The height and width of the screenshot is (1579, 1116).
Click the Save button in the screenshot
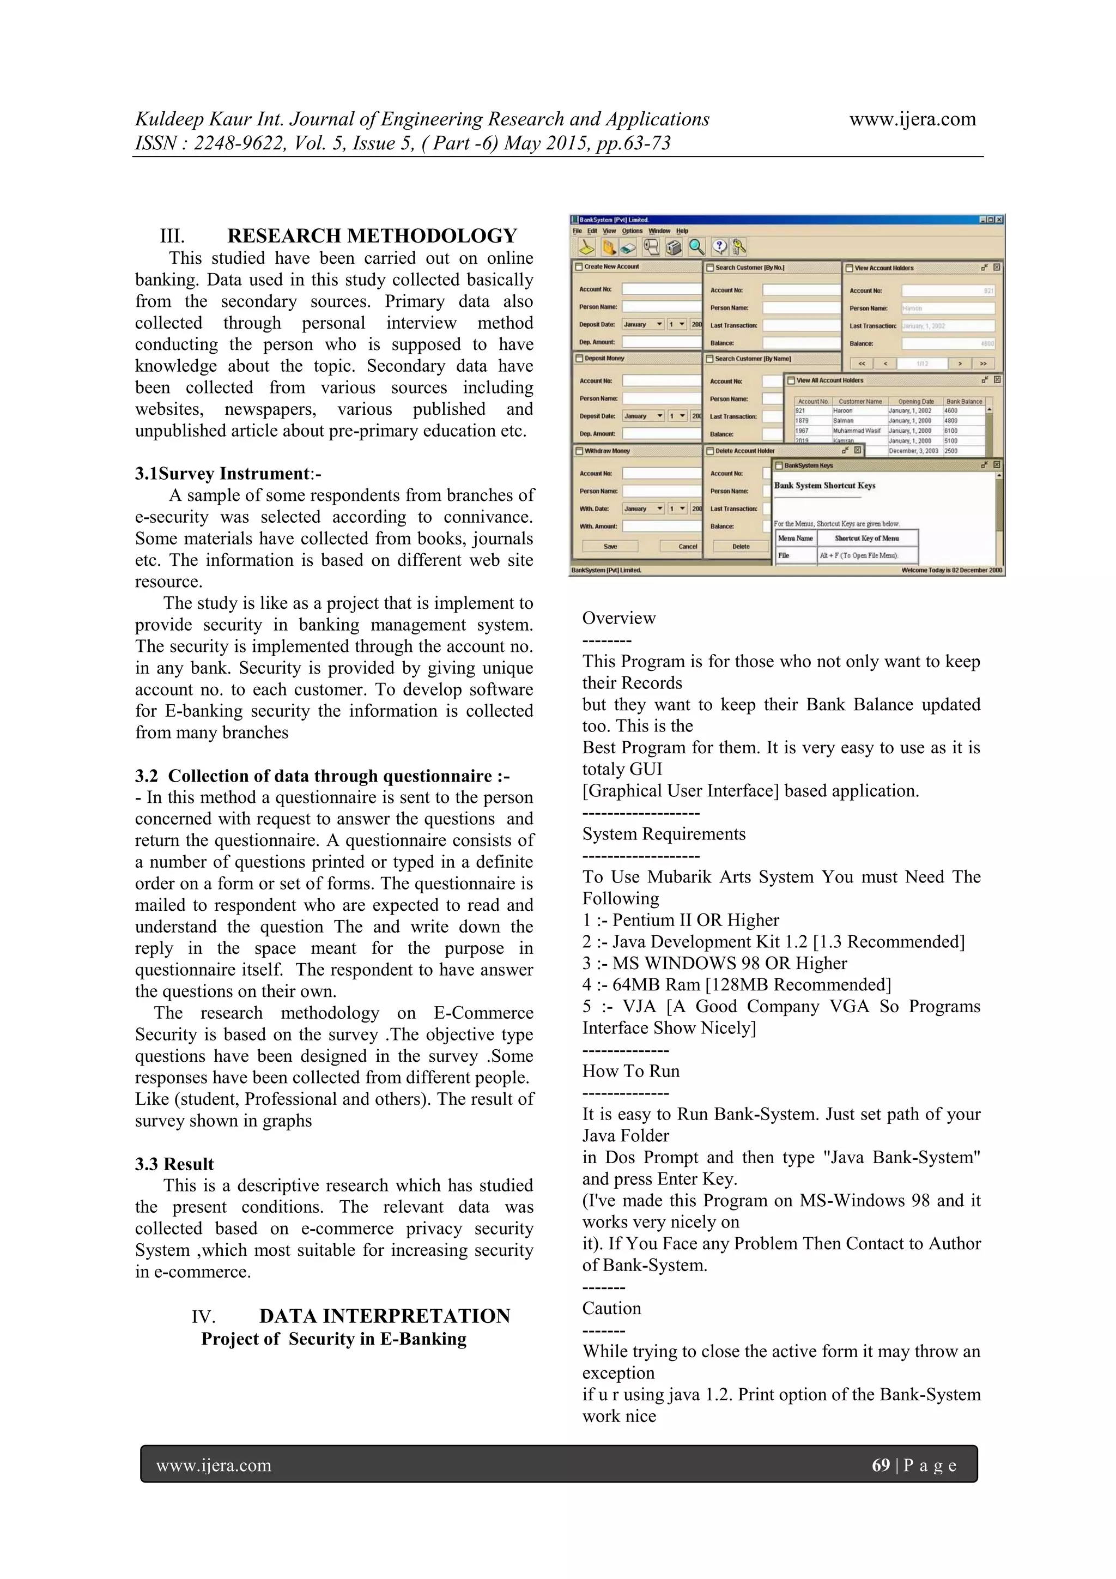(610, 546)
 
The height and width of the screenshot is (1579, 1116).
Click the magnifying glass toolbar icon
(696, 247)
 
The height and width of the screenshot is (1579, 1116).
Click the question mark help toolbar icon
(719, 247)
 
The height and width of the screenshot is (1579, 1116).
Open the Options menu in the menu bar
(632, 231)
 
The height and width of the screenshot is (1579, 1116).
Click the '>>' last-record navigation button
(983, 363)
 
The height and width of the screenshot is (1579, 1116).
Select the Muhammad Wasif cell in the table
(856, 431)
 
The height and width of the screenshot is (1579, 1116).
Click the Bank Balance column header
(964, 401)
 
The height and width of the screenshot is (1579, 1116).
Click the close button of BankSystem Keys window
(997, 465)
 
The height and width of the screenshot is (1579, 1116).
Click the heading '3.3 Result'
(174, 1164)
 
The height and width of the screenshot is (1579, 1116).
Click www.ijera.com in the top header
(912, 119)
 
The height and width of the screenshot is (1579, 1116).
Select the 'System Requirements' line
(664, 833)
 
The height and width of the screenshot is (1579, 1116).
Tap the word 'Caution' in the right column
(611, 1308)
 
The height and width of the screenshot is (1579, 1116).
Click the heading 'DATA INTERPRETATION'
(384, 1316)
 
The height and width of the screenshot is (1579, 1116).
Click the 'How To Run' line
(630, 1071)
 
